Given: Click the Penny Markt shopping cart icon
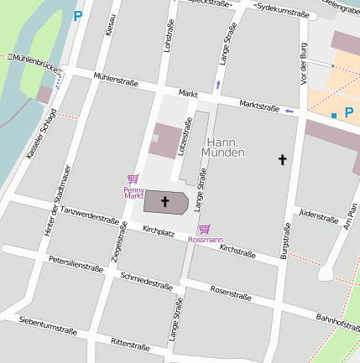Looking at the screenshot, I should [x=132, y=179].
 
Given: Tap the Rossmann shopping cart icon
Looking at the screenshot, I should [x=204, y=229].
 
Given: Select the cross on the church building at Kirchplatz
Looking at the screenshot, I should [x=165, y=201].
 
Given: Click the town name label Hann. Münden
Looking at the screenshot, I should [x=225, y=148].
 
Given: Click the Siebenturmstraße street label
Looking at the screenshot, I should [x=47, y=325].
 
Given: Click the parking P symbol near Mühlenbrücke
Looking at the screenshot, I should [x=78, y=15].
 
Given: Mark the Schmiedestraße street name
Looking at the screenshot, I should [x=146, y=281].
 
